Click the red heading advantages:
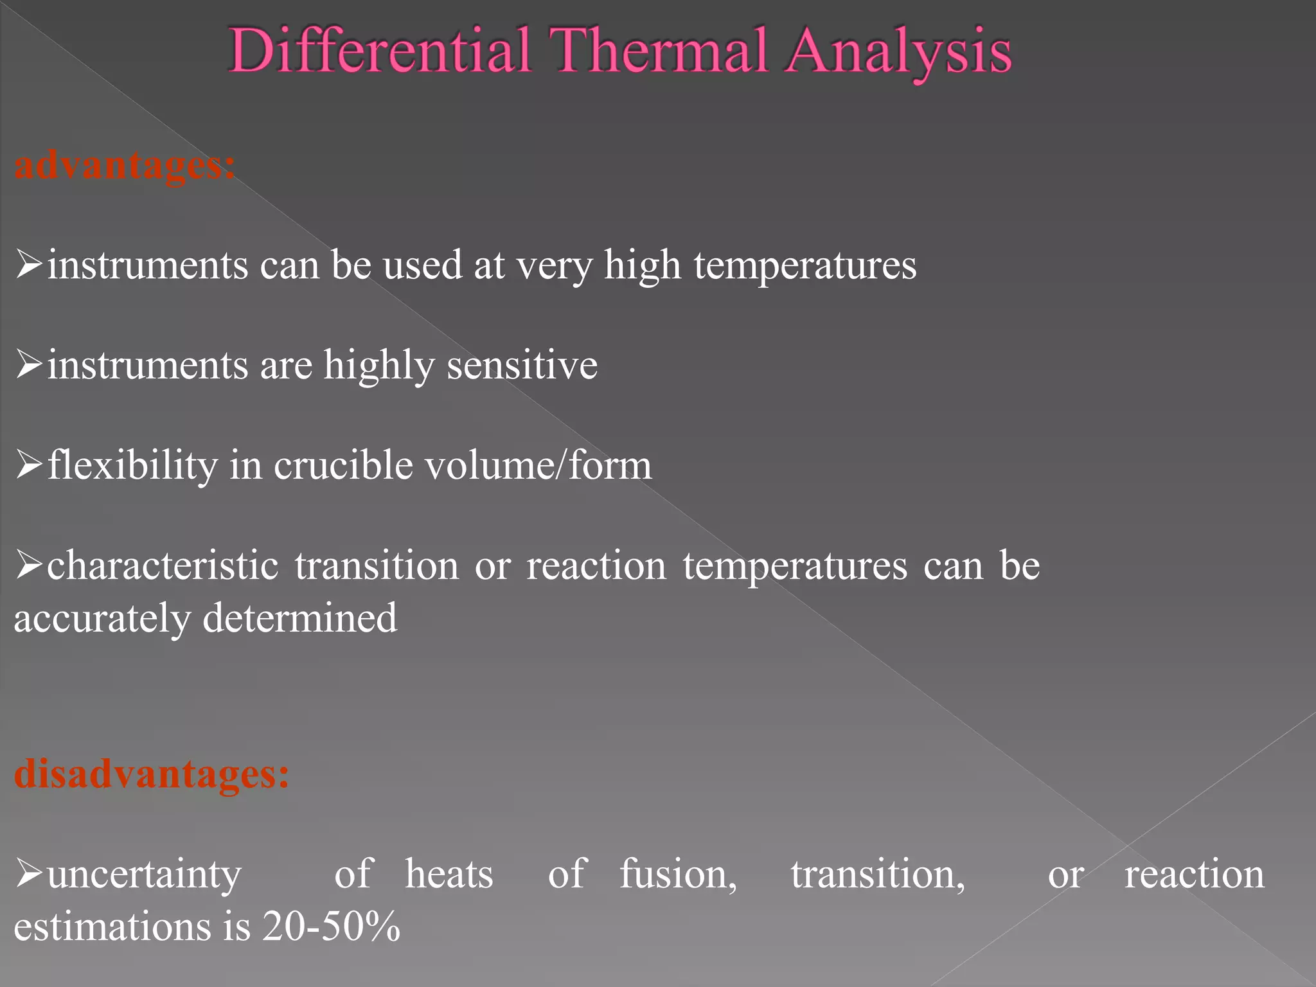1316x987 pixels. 125,166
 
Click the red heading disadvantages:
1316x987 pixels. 152,774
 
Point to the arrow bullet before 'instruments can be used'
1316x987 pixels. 29,265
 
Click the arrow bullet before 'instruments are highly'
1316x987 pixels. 29,365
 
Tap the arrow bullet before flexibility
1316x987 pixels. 29,465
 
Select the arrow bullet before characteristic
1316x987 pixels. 29,565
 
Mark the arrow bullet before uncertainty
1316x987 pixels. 29,874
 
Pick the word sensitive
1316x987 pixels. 522,365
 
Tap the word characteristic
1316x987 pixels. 163,565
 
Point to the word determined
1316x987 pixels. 300,618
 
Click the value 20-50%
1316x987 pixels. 332,927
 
